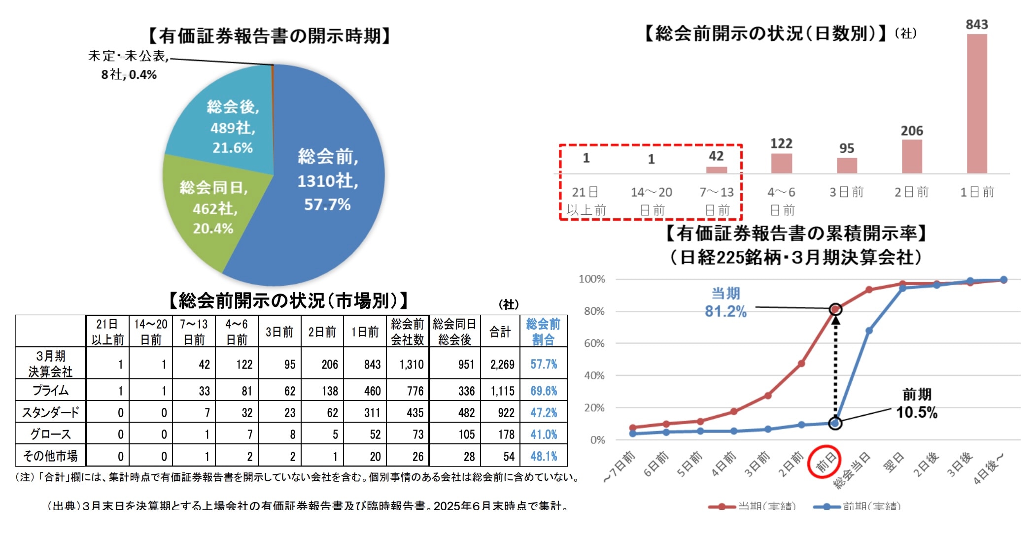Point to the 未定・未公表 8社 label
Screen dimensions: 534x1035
(x=129, y=65)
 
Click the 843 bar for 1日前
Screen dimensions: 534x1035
(x=976, y=103)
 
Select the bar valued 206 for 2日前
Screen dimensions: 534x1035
(x=912, y=157)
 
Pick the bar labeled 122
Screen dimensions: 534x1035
(x=781, y=163)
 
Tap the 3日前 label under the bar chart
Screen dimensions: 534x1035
(x=846, y=192)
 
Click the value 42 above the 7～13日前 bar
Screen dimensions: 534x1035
(x=716, y=156)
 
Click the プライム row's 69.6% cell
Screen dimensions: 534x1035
(x=544, y=391)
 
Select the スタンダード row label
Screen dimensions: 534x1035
(x=50, y=412)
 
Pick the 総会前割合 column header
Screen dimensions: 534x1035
(x=543, y=332)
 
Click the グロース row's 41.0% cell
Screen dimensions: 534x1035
(x=544, y=434)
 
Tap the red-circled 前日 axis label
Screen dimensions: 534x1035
(x=824, y=462)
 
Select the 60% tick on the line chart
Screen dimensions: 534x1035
(x=594, y=343)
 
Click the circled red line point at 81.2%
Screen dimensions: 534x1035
(x=835, y=309)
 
